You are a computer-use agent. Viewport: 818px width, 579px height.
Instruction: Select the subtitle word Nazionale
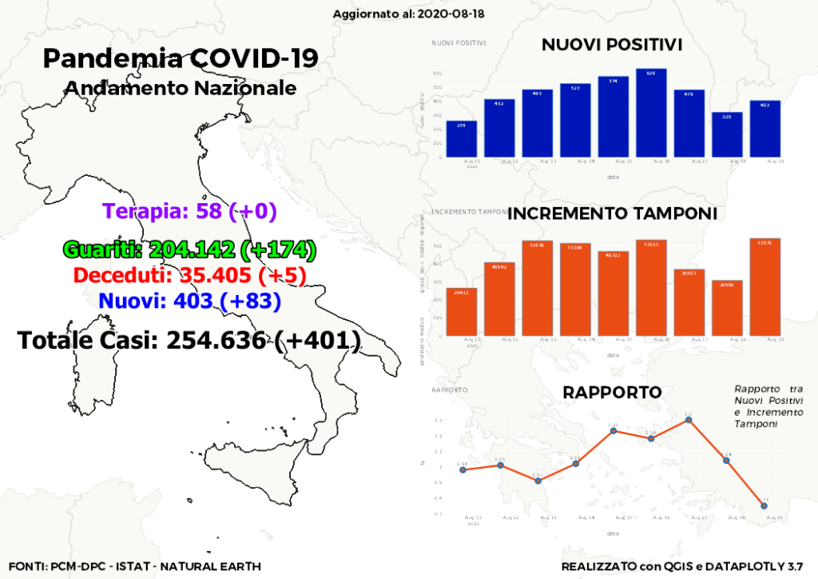(x=246, y=87)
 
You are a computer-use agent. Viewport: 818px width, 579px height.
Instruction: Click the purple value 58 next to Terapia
(x=210, y=211)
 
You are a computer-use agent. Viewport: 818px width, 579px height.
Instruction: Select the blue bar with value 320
(x=727, y=135)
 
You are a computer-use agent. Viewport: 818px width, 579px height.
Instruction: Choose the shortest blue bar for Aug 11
(x=462, y=139)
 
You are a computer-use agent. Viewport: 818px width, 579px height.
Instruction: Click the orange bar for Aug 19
(x=765, y=287)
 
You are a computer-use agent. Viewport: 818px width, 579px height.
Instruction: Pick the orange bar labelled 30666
(x=727, y=309)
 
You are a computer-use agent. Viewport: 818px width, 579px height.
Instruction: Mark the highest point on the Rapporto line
(x=689, y=420)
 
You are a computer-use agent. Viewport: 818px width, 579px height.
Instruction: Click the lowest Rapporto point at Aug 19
(x=764, y=505)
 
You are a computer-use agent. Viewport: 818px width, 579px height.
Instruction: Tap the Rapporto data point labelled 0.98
(x=463, y=469)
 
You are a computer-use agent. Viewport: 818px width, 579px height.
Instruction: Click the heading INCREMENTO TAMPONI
(x=612, y=214)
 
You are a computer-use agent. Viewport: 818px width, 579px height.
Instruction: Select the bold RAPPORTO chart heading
(x=612, y=393)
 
